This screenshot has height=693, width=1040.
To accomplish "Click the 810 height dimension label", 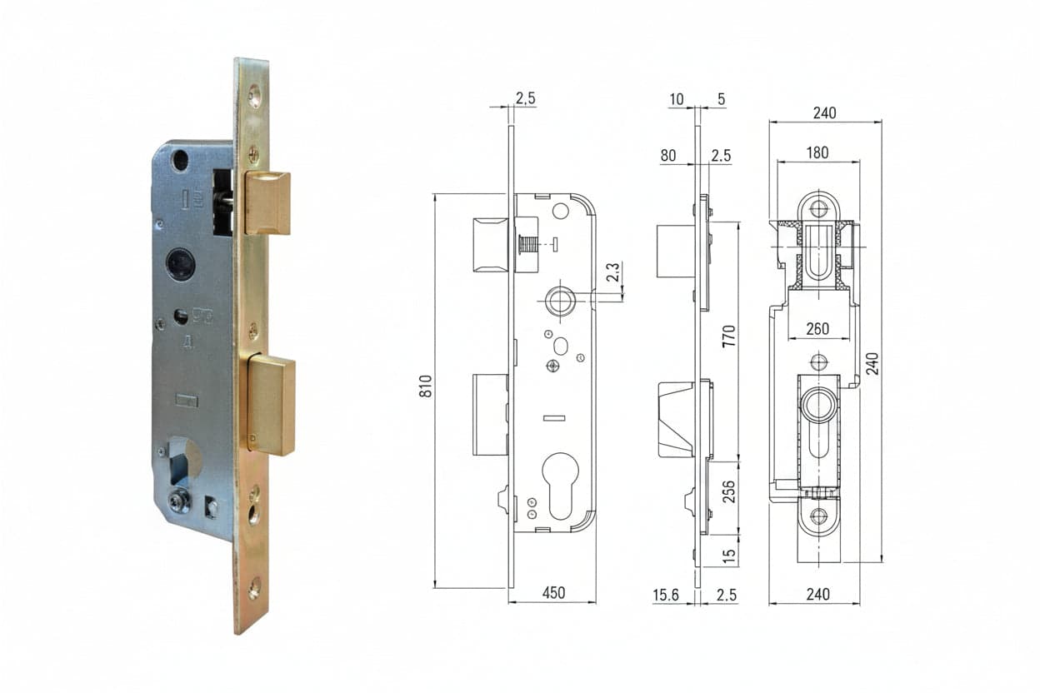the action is (426, 386).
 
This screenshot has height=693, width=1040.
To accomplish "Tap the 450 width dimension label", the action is (554, 593).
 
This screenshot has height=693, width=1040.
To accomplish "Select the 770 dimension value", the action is (729, 336).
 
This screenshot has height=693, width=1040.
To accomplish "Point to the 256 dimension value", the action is (729, 491).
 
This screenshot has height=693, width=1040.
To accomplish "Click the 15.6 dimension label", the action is (666, 595).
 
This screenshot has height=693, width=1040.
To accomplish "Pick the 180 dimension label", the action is (817, 152).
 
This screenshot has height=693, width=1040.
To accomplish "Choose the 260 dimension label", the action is (817, 329).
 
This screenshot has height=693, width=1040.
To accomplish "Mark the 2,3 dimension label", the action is (612, 272).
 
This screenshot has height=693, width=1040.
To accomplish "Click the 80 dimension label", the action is (668, 156).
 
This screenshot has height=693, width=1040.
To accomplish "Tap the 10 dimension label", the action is (677, 99).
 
